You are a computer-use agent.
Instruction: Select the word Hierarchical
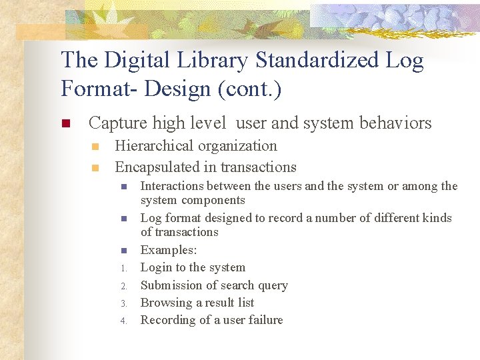click(157, 146)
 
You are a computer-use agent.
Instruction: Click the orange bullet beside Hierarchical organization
click(95, 147)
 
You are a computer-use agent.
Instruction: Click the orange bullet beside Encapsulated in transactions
click(95, 168)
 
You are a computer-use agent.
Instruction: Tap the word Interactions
click(172, 186)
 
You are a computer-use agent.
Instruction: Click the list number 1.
click(123, 269)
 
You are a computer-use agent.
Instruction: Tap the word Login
click(156, 267)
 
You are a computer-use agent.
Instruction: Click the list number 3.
click(123, 303)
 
